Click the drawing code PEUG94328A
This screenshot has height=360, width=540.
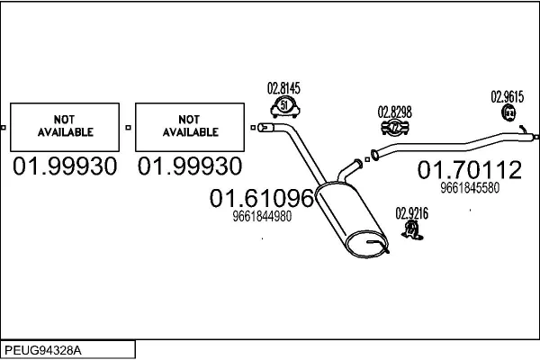point(43,351)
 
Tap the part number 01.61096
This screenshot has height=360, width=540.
point(262,198)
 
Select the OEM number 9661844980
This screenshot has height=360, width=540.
point(262,216)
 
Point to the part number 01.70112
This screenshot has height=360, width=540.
point(470,169)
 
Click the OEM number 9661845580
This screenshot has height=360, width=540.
point(470,188)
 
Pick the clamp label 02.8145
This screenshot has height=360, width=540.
point(283,88)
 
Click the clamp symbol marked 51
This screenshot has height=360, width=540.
point(284,107)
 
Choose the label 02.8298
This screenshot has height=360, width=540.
point(395,112)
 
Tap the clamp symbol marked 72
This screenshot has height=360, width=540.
point(395,128)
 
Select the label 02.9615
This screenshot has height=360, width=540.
point(508,97)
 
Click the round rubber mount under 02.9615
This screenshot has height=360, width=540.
point(508,113)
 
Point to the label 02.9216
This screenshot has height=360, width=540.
point(412,213)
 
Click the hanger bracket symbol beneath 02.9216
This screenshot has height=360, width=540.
point(412,230)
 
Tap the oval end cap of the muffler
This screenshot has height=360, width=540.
point(366,244)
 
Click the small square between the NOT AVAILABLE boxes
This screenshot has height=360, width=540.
point(128,128)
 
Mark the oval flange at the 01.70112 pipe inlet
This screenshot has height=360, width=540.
point(374,155)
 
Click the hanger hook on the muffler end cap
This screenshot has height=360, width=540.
point(379,246)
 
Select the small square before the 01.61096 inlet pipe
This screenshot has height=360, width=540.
point(253,128)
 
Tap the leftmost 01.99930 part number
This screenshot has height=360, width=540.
point(65,166)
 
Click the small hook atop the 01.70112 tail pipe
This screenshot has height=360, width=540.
point(523,130)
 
